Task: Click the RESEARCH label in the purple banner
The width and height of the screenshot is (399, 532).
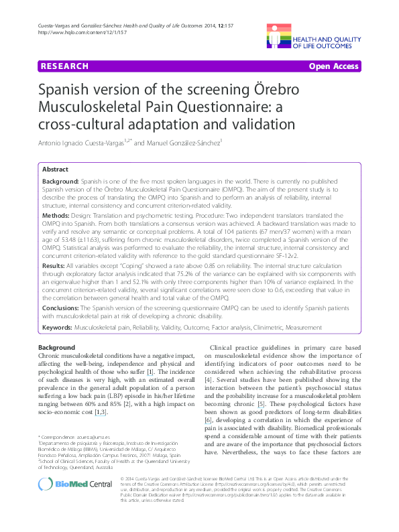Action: coord(64,66)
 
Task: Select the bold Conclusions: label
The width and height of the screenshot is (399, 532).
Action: coord(62,308)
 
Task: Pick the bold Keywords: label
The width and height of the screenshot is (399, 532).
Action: coord(58,328)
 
